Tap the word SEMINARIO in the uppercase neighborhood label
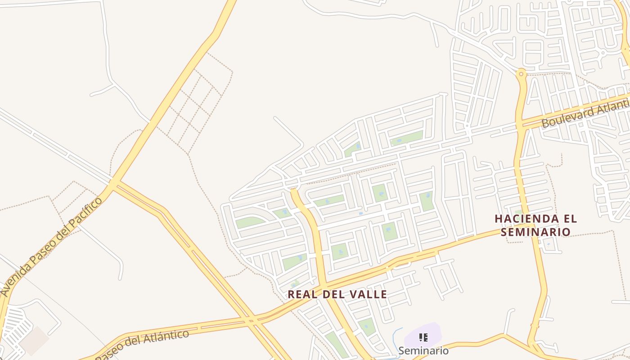535,232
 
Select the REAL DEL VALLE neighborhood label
337,294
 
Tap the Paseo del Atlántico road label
142,345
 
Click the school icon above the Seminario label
423,337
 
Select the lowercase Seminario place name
423,350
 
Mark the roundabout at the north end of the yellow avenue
521,73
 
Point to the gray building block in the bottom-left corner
34,341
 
